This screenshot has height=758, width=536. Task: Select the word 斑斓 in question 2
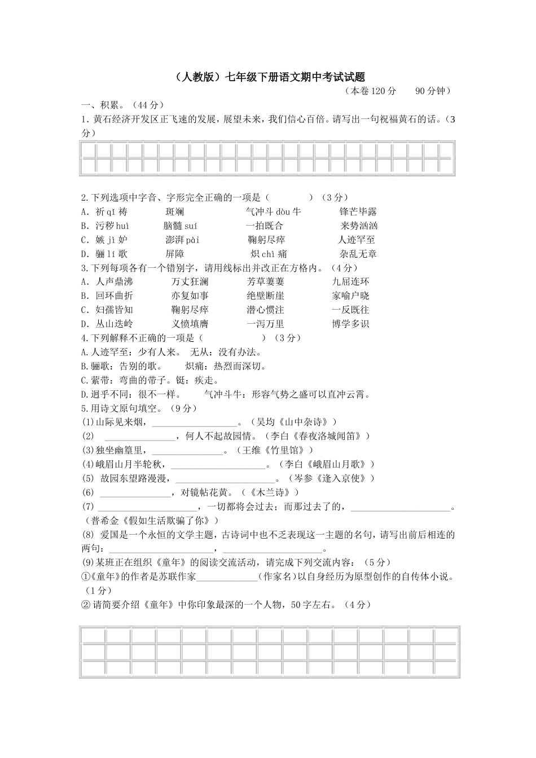pyautogui.click(x=174, y=212)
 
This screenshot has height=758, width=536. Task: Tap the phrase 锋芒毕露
pyautogui.click(x=358, y=212)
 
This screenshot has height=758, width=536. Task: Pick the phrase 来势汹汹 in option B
pyautogui.click(x=359, y=226)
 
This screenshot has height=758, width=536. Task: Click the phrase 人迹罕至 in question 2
pyautogui.click(x=356, y=240)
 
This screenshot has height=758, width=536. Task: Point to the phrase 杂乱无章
pyautogui.click(x=358, y=254)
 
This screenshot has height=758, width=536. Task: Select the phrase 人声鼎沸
pyautogui.click(x=114, y=282)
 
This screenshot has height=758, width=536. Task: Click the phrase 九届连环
pyautogui.click(x=350, y=282)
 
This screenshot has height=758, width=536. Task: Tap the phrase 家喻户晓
pyautogui.click(x=350, y=296)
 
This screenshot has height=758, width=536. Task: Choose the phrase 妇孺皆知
pyautogui.click(x=114, y=310)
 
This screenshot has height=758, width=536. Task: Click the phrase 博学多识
pyautogui.click(x=350, y=324)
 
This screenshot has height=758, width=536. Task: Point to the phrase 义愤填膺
pyautogui.click(x=190, y=324)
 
